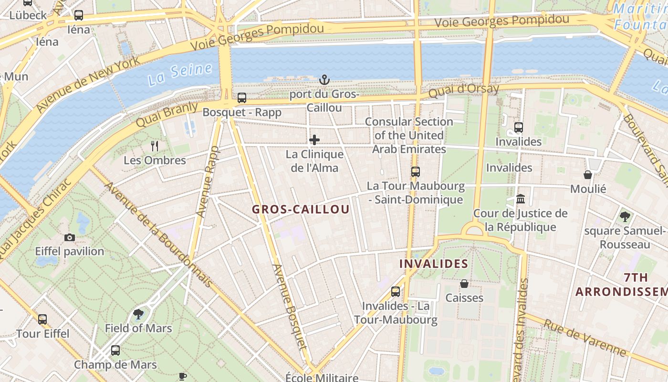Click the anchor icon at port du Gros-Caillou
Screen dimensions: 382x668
click(x=324, y=80)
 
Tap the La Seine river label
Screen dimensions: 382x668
click(x=179, y=74)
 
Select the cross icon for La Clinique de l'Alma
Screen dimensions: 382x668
click(x=314, y=140)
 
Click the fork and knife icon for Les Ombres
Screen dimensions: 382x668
click(x=155, y=146)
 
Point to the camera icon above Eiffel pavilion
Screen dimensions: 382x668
click(x=70, y=237)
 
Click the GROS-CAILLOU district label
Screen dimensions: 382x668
click(x=301, y=209)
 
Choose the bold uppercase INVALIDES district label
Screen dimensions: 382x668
click(x=433, y=264)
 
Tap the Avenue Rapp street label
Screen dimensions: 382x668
click(x=209, y=182)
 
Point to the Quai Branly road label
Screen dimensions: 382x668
click(x=167, y=114)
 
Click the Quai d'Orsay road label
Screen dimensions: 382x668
click(x=464, y=90)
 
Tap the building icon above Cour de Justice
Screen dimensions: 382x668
click(x=521, y=199)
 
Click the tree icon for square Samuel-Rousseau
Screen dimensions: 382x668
click(x=625, y=217)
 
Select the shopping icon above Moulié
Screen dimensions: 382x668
click(x=588, y=175)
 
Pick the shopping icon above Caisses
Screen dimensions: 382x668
click(x=464, y=284)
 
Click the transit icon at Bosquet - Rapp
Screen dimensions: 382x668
click(x=242, y=98)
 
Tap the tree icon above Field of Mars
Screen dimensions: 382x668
click(x=138, y=314)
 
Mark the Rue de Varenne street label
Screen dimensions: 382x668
click(x=584, y=338)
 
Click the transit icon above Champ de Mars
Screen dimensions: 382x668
click(x=115, y=350)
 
